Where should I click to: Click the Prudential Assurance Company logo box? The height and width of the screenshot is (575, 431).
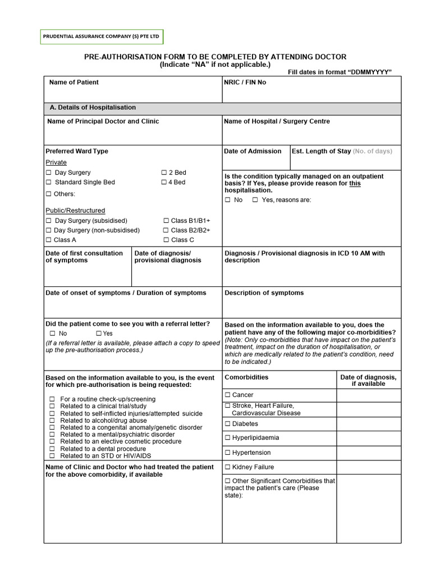(101, 37)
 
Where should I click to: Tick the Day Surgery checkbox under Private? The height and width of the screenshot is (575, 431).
(49, 173)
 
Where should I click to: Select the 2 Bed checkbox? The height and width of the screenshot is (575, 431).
(164, 173)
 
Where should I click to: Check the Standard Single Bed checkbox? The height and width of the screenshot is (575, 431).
(49, 182)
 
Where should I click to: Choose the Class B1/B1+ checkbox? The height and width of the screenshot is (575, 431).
(166, 221)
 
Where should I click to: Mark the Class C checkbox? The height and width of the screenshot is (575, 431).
(166, 240)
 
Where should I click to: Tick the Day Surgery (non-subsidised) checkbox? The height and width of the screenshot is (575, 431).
(49, 230)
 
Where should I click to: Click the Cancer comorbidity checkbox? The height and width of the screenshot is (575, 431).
(228, 395)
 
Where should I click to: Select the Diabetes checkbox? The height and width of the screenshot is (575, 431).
(228, 424)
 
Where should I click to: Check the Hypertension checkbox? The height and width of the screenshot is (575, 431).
(228, 453)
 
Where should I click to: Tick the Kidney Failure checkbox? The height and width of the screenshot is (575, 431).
(228, 467)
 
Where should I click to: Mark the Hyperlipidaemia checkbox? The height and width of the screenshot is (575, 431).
(228, 438)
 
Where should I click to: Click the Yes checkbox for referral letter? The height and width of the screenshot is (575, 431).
(99, 334)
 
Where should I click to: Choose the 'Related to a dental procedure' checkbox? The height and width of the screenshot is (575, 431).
(52, 449)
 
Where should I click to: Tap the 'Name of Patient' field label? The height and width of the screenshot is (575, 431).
(74, 83)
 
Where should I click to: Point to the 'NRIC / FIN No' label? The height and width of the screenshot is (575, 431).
(245, 83)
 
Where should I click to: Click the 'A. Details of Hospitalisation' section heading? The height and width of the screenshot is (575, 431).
(93, 108)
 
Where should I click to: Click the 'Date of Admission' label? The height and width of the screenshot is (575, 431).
(253, 151)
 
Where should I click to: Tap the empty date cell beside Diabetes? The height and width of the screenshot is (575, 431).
(369, 424)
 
